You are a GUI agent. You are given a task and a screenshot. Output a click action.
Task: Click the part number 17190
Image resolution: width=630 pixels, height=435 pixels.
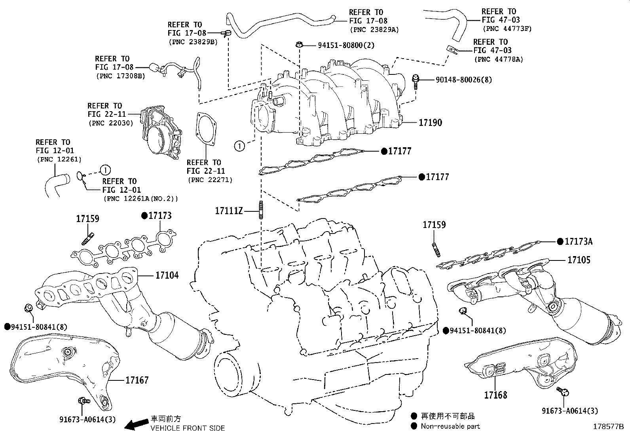click(431, 123)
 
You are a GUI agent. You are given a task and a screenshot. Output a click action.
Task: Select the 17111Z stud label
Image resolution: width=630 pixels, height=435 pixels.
click(228, 211)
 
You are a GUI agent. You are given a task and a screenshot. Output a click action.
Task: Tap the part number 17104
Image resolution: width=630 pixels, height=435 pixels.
click(167, 275)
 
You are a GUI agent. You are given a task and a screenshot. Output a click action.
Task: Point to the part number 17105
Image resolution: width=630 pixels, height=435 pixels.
click(579, 260)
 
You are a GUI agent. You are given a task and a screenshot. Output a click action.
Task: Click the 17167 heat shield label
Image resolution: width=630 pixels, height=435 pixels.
click(137, 380)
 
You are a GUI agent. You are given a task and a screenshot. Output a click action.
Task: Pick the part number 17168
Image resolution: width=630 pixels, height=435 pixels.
click(495, 395)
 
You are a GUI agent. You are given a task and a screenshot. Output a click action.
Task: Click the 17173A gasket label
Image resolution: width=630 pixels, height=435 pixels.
click(579, 241)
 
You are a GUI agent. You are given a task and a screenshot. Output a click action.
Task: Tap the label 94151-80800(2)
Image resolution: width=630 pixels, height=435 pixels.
click(346, 45)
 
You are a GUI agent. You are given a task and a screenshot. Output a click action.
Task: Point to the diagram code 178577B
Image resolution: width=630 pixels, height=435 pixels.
click(608, 427)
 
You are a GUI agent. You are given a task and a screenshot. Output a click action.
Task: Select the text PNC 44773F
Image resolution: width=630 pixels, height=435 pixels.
click(507, 28)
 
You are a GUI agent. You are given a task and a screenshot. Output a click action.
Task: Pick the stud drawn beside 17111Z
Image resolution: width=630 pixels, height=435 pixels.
click(261, 209)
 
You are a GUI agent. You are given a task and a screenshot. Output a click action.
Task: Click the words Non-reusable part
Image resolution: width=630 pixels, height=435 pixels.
click(450, 426)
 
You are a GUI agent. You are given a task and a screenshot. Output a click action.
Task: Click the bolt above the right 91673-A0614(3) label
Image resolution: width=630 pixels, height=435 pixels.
click(562, 391)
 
